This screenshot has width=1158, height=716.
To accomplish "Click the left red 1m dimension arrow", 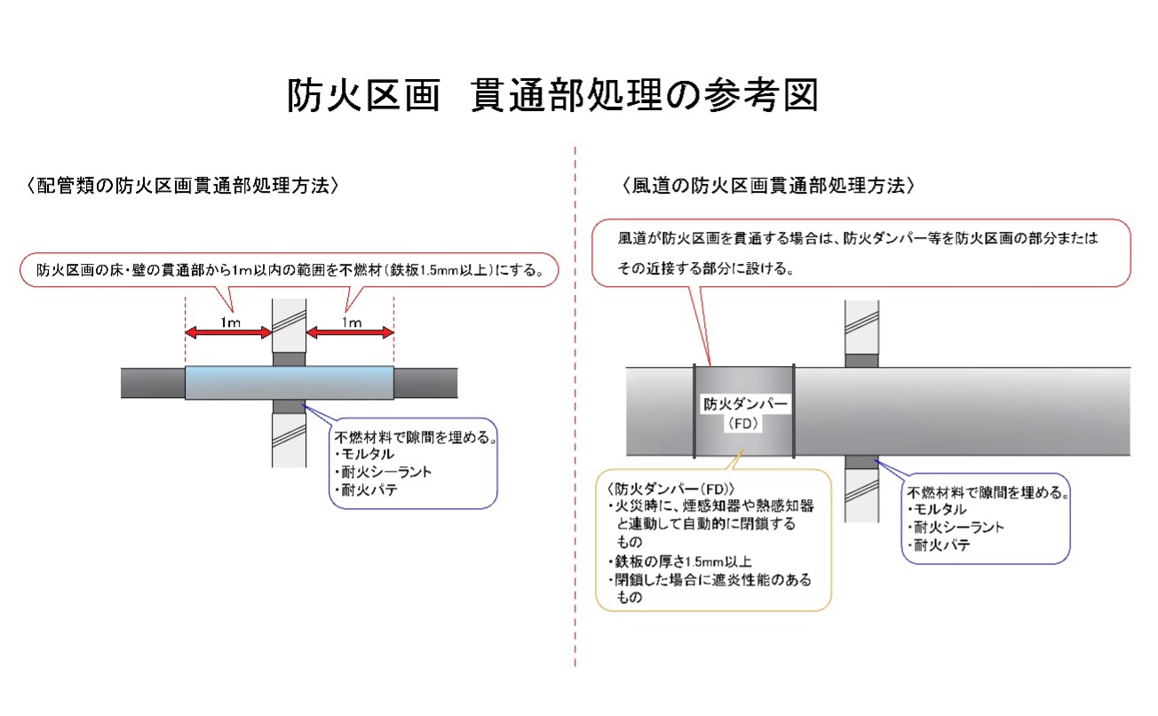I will [x=227, y=332].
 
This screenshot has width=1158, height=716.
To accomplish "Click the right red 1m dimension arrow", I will [x=350, y=332].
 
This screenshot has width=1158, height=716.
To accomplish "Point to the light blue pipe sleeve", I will [x=289, y=383].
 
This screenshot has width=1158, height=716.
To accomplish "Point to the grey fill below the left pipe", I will [x=288, y=407].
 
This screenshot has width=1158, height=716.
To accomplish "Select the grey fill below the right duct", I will [x=861, y=462].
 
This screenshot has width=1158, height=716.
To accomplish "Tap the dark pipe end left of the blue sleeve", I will [x=153, y=383].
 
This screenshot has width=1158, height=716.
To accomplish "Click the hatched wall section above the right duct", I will [x=861, y=326].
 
